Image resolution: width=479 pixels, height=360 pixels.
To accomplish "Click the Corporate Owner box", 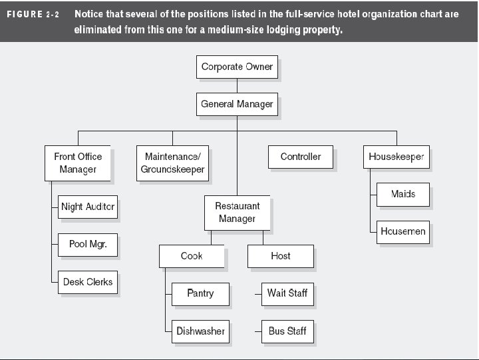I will (x=237, y=67).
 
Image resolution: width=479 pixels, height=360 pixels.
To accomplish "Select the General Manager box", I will (x=237, y=104).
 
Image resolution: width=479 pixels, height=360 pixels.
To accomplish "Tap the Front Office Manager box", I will (x=78, y=163).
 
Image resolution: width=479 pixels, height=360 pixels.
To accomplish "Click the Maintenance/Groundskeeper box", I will (x=172, y=163).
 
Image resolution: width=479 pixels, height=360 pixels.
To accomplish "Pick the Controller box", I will (x=300, y=157).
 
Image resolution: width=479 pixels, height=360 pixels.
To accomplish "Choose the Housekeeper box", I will (x=397, y=157).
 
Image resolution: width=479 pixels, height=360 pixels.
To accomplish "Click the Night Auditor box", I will (x=88, y=207).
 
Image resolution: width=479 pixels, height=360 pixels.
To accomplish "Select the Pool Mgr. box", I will (x=88, y=244).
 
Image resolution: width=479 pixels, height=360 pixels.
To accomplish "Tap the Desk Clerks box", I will (x=88, y=281).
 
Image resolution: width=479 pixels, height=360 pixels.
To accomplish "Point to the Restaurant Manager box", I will (x=237, y=212).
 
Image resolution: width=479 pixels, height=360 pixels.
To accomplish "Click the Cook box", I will (x=192, y=256).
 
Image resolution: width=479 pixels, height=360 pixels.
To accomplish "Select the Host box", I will (x=280, y=256).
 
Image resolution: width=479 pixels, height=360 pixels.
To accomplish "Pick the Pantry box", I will (x=200, y=293).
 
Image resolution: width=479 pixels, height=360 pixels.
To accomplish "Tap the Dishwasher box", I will (x=200, y=331).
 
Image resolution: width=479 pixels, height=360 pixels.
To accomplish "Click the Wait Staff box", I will (x=287, y=293).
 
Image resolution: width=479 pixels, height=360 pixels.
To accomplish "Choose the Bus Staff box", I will (x=287, y=331).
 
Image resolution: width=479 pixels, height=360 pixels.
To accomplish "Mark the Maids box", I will (x=402, y=194).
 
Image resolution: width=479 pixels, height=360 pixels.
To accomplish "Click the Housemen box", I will (x=402, y=231).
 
